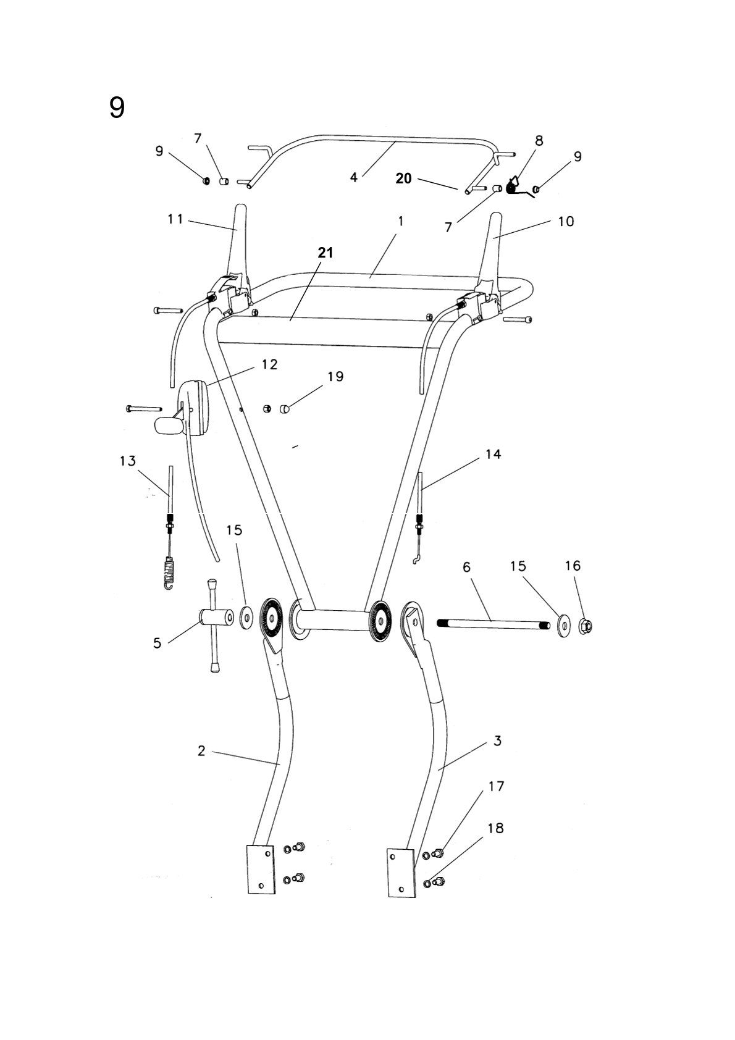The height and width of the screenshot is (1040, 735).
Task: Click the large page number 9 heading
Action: [x=117, y=109]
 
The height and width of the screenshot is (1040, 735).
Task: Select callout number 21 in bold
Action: [x=325, y=252]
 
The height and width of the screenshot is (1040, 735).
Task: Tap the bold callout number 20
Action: [x=403, y=179]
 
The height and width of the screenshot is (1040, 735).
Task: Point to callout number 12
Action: [x=269, y=364]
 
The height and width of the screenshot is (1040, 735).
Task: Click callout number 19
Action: [x=335, y=376]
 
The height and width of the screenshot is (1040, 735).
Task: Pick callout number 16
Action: [x=573, y=566]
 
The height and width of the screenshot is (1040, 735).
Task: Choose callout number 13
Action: [x=128, y=461]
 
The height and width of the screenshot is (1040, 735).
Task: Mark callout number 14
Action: [x=493, y=454]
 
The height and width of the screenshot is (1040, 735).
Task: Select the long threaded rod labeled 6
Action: [x=491, y=624]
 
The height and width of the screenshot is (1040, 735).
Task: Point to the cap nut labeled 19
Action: [x=285, y=408]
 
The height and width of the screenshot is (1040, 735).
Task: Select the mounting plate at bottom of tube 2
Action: [x=261, y=870]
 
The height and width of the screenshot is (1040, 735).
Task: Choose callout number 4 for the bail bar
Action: [x=353, y=177]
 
